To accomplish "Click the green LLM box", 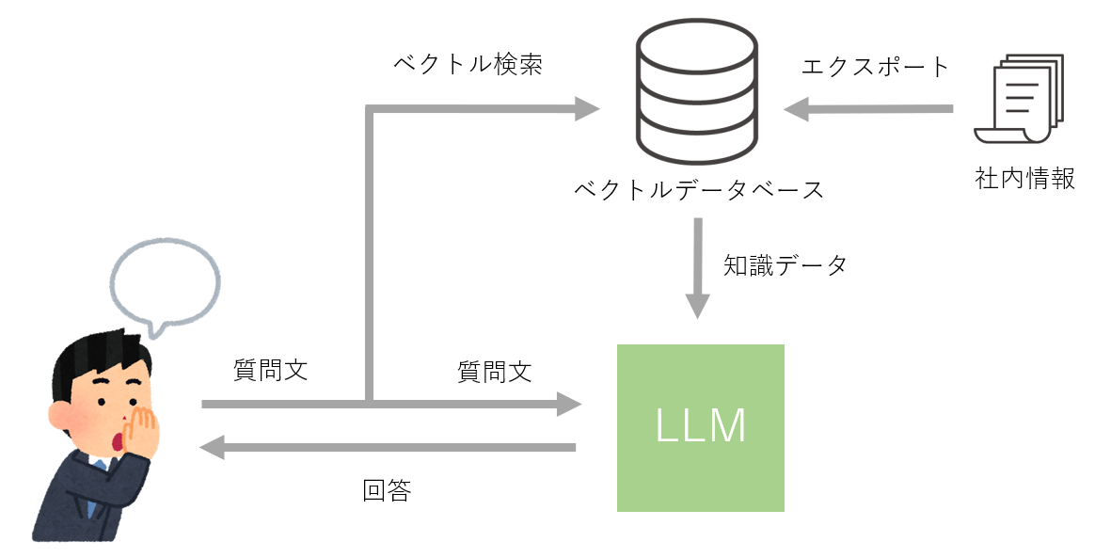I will pyautogui.click(x=700, y=428).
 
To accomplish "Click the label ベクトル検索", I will pyautogui.click(x=468, y=65).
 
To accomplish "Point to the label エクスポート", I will pyautogui.click(x=875, y=67).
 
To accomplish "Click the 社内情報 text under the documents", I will pyautogui.click(x=1025, y=179).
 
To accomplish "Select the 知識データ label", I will pyautogui.click(x=785, y=265).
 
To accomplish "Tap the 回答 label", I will pyautogui.click(x=387, y=490).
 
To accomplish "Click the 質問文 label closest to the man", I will pyautogui.click(x=270, y=370).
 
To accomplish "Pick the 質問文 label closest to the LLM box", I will pyautogui.click(x=494, y=372).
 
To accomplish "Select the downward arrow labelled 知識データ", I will pyautogui.click(x=697, y=268).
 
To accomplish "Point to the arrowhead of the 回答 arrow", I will pyautogui.click(x=213, y=448).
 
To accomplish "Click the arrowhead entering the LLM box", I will pyautogui.click(x=569, y=405).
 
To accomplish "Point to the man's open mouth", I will pyautogui.click(x=118, y=440).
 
